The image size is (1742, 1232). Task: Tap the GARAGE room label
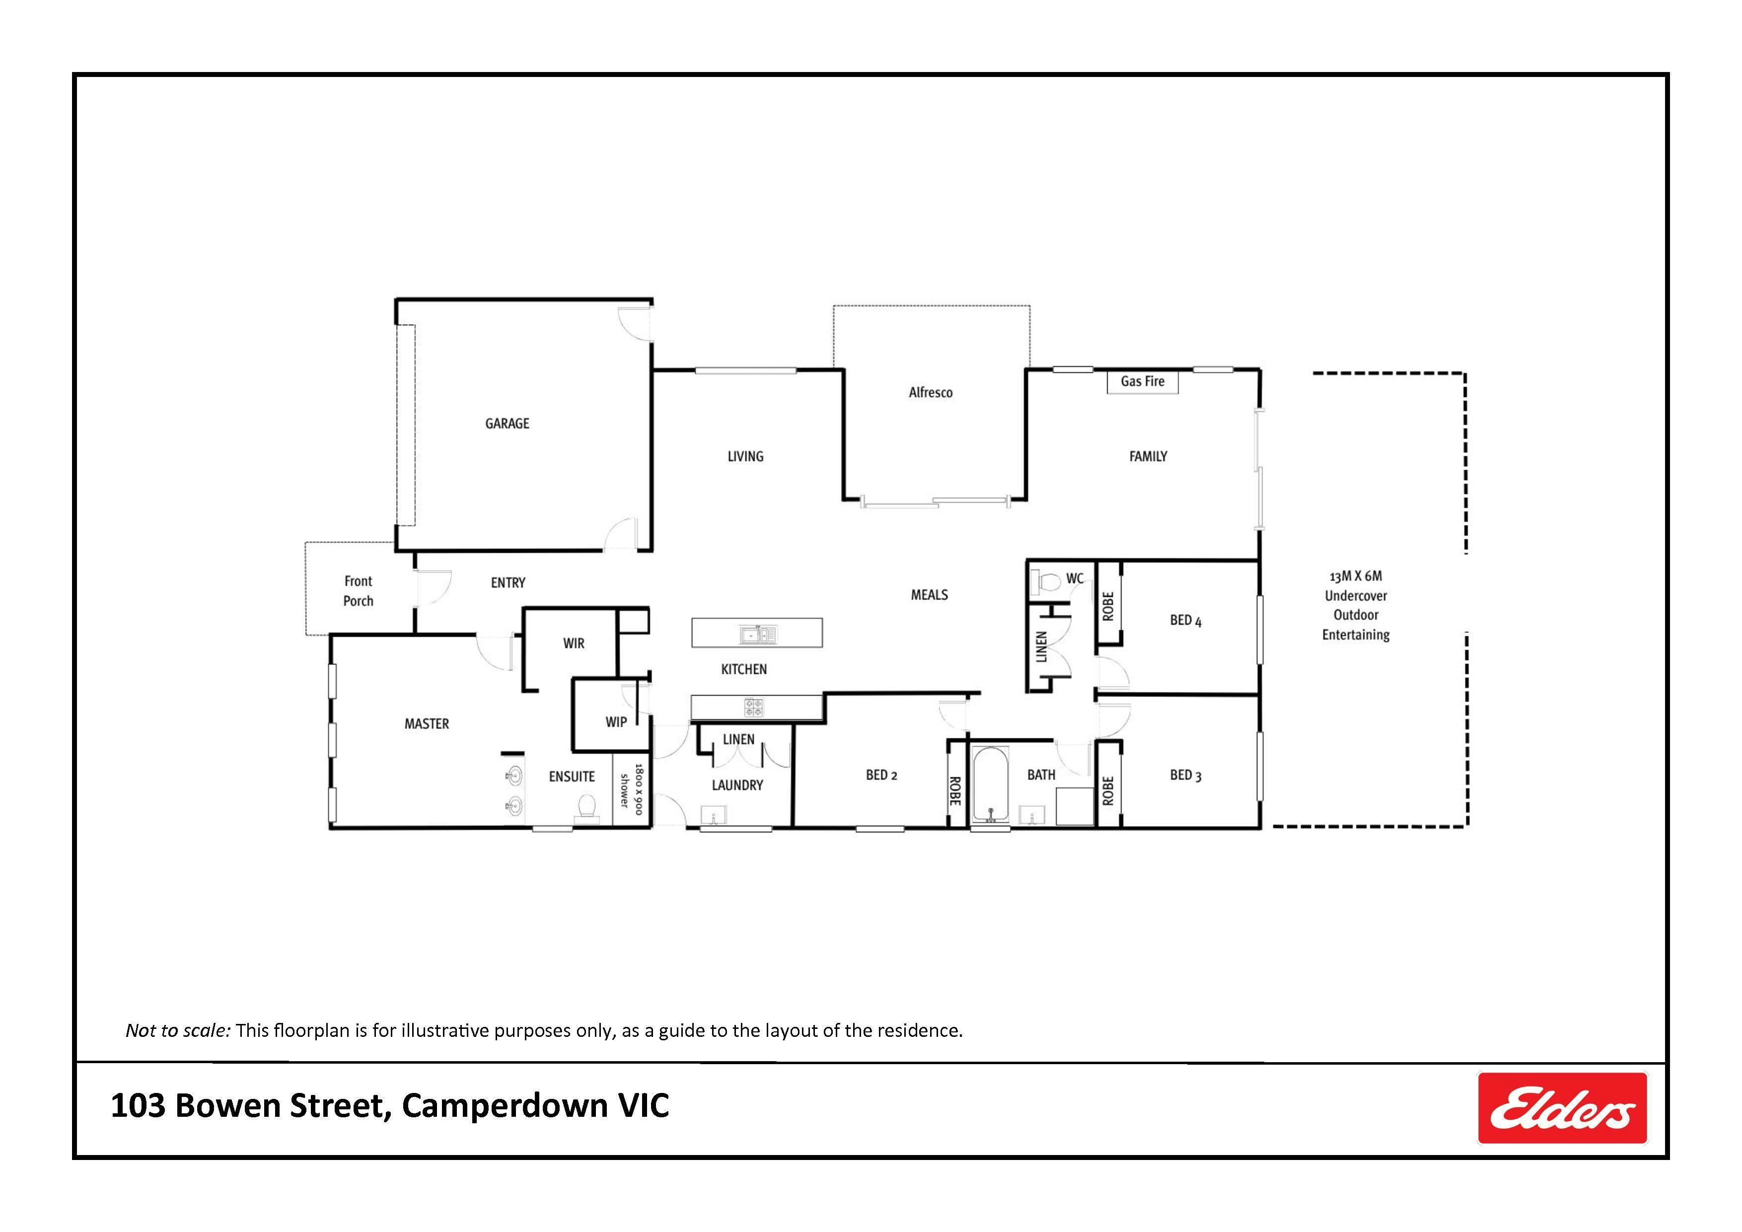(507, 423)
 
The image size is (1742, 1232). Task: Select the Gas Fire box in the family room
(1142, 381)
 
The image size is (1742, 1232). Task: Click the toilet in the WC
(1047, 582)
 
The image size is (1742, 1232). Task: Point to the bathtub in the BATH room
(990, 785)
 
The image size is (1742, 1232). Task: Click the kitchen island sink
(758, 634)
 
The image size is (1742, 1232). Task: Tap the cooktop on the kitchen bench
(754, 708)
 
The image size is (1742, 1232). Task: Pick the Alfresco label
(930, 392)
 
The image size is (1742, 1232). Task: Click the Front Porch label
(358, 591)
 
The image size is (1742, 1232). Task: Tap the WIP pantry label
(616, 722)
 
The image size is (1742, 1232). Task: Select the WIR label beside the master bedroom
(574, 643)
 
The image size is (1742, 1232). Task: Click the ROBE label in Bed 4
(1108, 606)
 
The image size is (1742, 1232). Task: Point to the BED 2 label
(881, 775)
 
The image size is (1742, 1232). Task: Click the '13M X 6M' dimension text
(1355, 576)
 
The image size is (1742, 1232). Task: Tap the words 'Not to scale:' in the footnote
(178, 1030)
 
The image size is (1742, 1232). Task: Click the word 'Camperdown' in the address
(505, 1106)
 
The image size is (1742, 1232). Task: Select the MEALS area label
(930, 595)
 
